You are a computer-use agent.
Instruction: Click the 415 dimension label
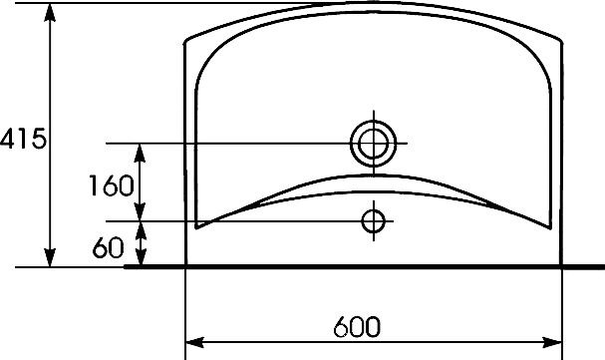[x=23, y=139]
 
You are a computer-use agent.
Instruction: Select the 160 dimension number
[x=112, y=185]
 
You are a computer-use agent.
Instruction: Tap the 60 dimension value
[x=109, y=247]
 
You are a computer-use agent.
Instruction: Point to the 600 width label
[x=357, y=327]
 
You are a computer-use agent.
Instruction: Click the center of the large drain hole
[x=373, y=144]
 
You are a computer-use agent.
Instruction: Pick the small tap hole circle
[x=373, y=221]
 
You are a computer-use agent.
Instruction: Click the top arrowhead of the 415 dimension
[x=50, y=12]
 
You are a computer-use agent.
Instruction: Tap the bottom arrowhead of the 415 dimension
[x=50, y=257]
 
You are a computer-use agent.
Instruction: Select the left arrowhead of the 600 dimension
[x=194, y=342]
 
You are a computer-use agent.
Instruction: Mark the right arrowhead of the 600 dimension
[x=552, y=342]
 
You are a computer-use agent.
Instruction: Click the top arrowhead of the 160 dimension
[x=140, y=153]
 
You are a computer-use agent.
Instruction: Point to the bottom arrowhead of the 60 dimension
[x=142, y=257]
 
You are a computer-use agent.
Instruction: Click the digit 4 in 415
[x=8, y=139]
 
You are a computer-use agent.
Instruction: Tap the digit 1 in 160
[x=94, y=185]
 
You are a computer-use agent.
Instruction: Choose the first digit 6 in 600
[x=341, y=327]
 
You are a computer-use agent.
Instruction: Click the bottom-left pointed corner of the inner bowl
[x=196, y=227]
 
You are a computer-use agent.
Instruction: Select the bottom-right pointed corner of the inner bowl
[x=550, y=228]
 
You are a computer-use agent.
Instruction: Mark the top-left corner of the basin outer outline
[x=186, y=40]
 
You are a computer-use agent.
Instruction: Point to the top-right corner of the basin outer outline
[x=560, y=40]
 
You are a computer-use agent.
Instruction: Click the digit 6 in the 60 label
[x=101, y=247]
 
